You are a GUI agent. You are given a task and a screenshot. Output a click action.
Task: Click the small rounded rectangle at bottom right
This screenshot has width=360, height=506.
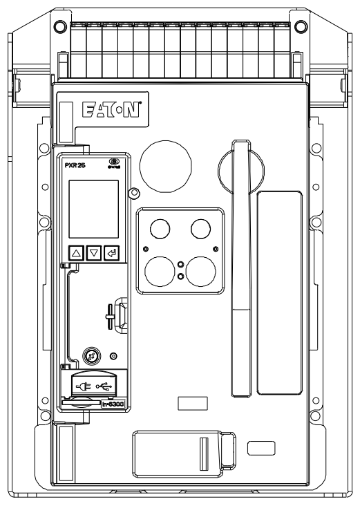(260, 447)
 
